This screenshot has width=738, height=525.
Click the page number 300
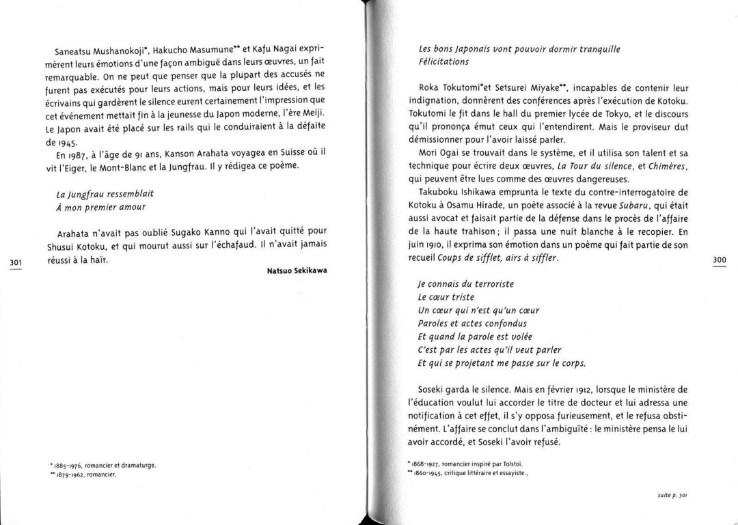point(720,259)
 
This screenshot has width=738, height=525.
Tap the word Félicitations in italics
point(443,61)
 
